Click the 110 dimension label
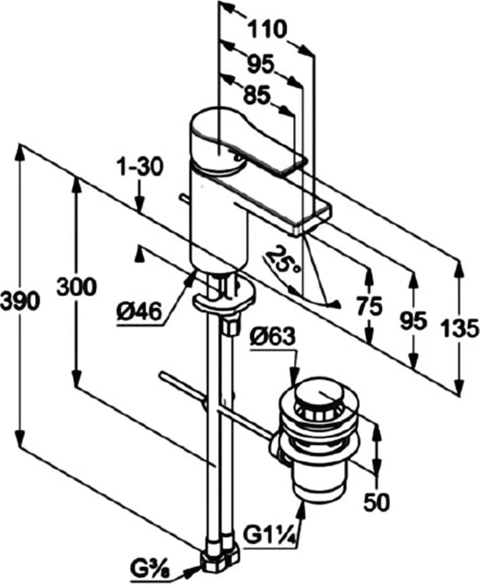point(267,29)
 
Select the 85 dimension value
point(257,95)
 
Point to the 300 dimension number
point(76,287)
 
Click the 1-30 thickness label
point(140,167)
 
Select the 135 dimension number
point(460,328)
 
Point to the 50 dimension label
point(377,502)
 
